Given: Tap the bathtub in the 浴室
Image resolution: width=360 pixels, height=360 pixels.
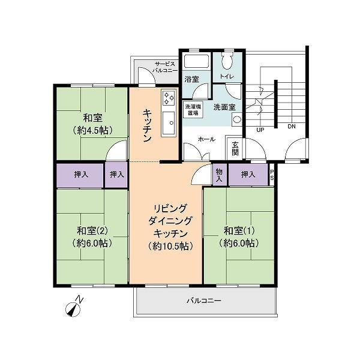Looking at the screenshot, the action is [196, 61].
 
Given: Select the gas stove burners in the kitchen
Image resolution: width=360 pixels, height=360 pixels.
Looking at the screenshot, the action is [169, 98].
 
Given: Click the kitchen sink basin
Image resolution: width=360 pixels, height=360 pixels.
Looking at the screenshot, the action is [169, 124].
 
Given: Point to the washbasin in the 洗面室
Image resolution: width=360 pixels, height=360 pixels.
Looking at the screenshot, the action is [236, 119].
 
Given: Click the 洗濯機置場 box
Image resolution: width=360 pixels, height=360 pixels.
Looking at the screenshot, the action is [193, 110].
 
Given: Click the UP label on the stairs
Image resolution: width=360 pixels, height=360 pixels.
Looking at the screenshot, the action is [260, 130].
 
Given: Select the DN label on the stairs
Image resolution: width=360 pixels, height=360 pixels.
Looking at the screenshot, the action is [292, 126].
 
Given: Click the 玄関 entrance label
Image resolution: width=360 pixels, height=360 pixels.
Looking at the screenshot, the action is [235, 149].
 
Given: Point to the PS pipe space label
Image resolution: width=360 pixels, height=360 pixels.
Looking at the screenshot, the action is [272, 175].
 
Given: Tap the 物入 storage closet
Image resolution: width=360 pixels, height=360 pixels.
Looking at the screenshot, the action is [219, 175].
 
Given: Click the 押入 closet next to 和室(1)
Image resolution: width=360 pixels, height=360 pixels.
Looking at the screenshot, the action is [248, 175].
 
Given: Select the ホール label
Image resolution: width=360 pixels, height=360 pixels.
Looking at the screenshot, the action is [206, 139].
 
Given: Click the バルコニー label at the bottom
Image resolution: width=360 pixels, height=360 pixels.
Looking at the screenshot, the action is [204, 301].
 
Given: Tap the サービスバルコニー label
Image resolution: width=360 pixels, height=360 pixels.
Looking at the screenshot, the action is [165, 67].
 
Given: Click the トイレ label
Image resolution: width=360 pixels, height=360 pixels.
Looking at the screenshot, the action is [227, 76].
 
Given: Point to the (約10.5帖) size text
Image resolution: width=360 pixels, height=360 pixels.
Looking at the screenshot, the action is [170, 246].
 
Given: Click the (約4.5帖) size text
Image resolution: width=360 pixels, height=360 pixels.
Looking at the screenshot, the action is [92, 130].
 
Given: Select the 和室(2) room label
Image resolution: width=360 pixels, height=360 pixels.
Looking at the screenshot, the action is [92, 231].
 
